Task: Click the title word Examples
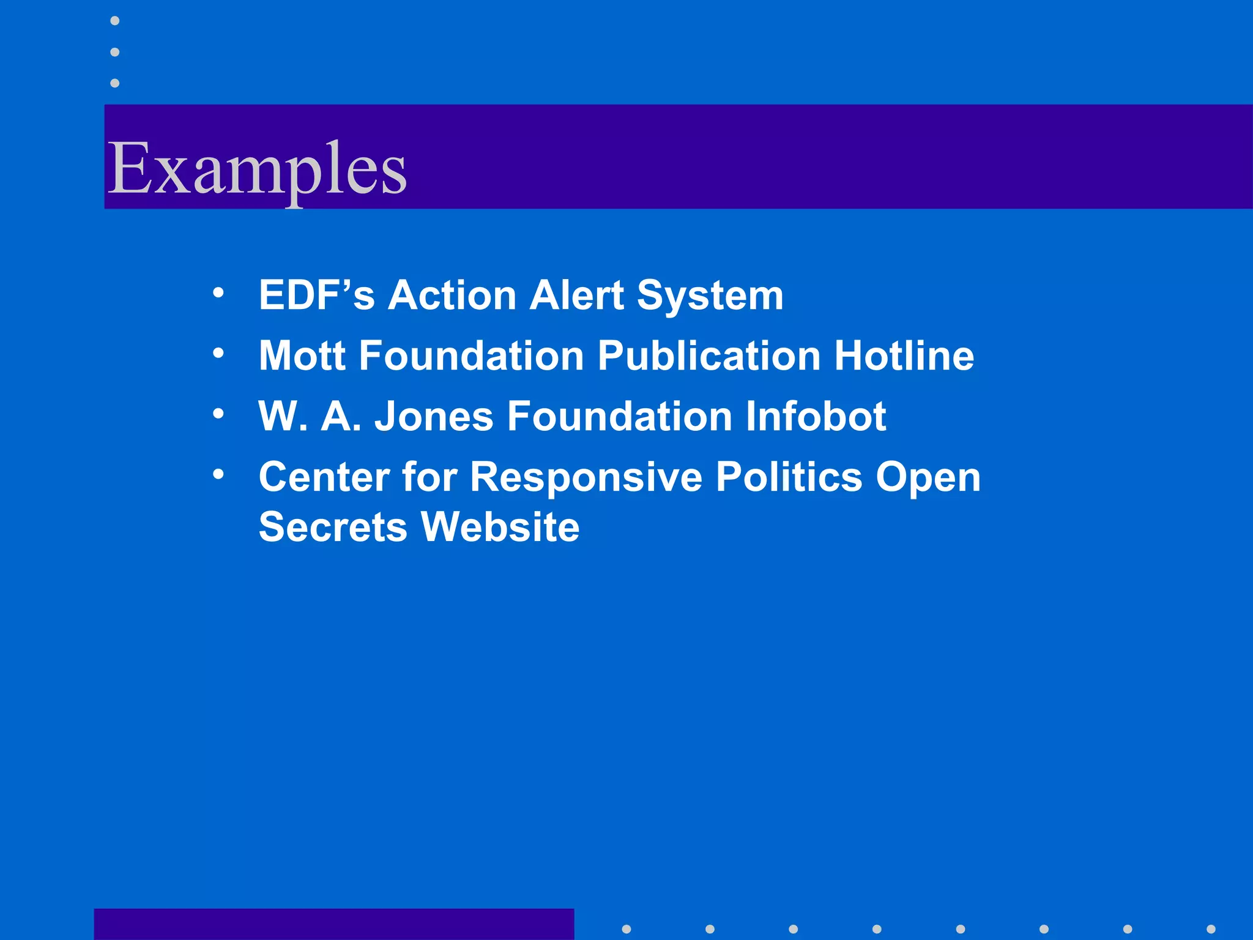(257, 168)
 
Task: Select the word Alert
(576, 296)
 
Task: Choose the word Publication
(708, 356)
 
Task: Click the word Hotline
(904, 356)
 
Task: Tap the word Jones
(434, 417)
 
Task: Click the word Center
(324, 477)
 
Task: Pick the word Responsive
(586, 477)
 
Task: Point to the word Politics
(789, 477)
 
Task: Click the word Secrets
(333, 527)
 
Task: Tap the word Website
(500, 527)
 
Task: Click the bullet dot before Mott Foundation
(218, 353)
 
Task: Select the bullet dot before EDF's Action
(218, 293)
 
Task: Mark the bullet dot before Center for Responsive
(218, 474)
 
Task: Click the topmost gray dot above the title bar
(114, 21)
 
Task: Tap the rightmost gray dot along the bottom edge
(1210, 929)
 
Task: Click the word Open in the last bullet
(928, 477)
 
